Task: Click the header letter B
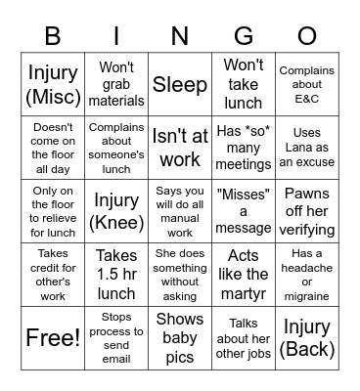pos(53,37)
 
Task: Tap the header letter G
pos(244,37)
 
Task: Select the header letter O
pos(306,37)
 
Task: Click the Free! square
pos(53,338)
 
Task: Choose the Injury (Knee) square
pos(116,212)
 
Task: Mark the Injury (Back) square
pos(306,338)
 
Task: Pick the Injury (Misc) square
pos(53,85)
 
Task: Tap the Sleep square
pos(180,85)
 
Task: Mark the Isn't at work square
pos(180,149)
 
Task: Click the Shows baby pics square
pos(180,338)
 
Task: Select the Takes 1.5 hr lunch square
pos(116,275)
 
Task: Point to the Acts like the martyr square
pos(244,275)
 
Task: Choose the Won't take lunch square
pos(244,85)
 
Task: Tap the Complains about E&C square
pos(306,85)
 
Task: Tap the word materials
pos(116,101)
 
